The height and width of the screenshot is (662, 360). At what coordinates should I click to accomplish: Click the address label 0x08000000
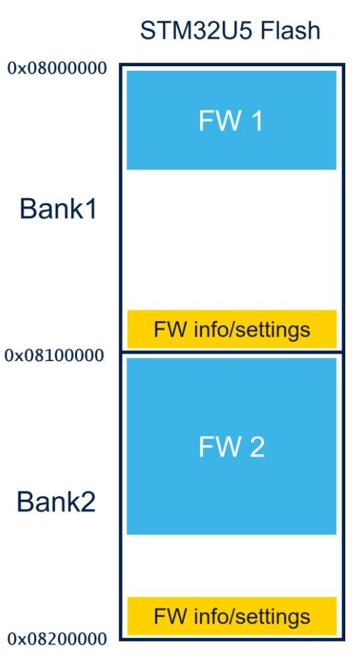point(57,68)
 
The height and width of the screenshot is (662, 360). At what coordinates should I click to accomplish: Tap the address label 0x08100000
point(54,356)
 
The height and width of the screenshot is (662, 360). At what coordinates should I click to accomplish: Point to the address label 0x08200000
point(57,640)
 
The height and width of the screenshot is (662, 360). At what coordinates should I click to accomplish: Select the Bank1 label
point(58,209)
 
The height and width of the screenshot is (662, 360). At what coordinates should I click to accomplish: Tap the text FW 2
point(232,447)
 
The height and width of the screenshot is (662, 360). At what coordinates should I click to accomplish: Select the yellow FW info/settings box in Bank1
point(232,329)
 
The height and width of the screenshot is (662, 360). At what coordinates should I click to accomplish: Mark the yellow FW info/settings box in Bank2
point(232,616)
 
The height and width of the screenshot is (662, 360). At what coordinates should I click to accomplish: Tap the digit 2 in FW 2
point(256,447)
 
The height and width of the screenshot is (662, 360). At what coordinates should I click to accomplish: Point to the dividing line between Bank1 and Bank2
point(232,352)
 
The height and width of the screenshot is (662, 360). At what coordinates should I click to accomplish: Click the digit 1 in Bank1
point(90,209)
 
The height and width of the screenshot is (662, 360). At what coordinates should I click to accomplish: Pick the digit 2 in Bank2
point(88,502)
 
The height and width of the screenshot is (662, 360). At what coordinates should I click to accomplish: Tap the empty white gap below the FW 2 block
point(232,566)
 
